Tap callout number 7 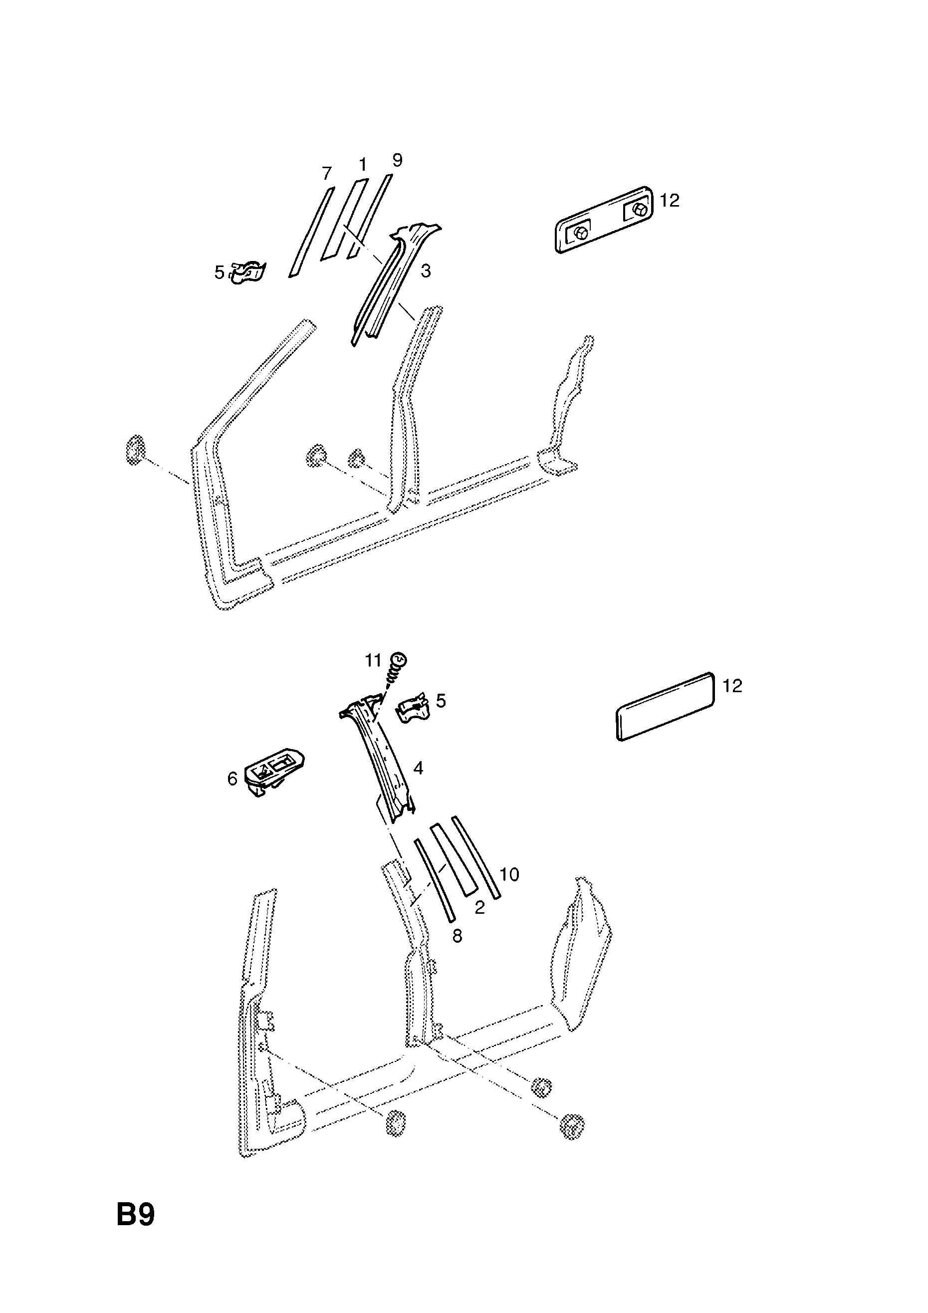pos(326,173)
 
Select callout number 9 pos(397,160)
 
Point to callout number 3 pos(426,270)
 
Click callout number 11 pos(373,661)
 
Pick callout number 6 pos(232,779)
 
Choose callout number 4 pos(418,768)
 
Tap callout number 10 pos(509,874)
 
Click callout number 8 pos(457,936)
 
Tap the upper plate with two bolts pos(604,219)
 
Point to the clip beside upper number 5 pos(248,271)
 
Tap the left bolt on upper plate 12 pos(580,233)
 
